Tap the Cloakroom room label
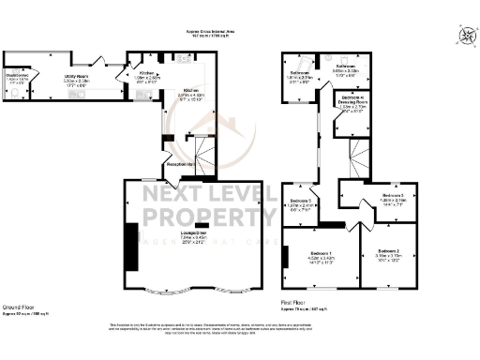tap(17, 76)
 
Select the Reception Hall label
tap(179, 164)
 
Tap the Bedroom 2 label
tap(390, 252)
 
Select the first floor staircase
tap(358, 148)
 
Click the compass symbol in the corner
tap(465, 37)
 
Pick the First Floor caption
tap(294, 302)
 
